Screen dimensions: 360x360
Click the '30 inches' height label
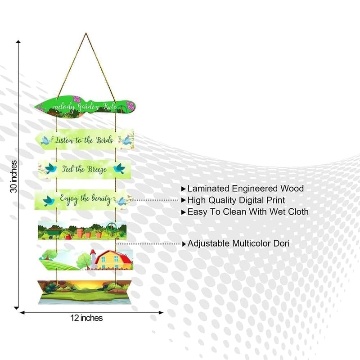pyautogui.click(x=14, y=176)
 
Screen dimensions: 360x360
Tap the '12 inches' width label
pyautogui.click(x=86, y=318)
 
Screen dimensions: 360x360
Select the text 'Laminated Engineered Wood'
pyautogui.click(x=245, y=189)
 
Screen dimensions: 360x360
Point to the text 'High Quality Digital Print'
pyautogui.click(x=236, y=200)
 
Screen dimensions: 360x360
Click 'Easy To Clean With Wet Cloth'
pyautogui.click(x=248, y=211)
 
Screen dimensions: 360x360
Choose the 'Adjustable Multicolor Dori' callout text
pyautogui.click(x=238, y=243)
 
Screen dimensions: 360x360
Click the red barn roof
pyautogui.click(x=115, y=256)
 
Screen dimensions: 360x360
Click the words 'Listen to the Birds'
pyautogui.click(x=84, y=140)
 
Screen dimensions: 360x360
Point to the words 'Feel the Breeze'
pyautogui.click(x=84, y=169)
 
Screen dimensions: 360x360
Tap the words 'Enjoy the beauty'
pyautogui.click(x=85, y=199)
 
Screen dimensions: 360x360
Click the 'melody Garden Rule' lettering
pyautogui.click(x=85, y=107)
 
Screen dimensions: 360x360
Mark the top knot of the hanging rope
pyautogui.click(x=86, y=34)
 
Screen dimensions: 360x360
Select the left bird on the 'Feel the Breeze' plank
pyautogui.click(x=50, y=168)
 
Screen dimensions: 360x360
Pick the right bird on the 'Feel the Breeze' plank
pyautogui.click(x=119, y=168)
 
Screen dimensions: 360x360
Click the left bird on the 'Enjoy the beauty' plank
pyautogui.click(x=49, y=201)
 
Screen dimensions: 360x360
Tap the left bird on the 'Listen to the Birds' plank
pyautogui.click(x=46, y=140)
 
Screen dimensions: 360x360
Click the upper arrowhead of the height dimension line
pyautogui.click(x=18, y=41)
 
